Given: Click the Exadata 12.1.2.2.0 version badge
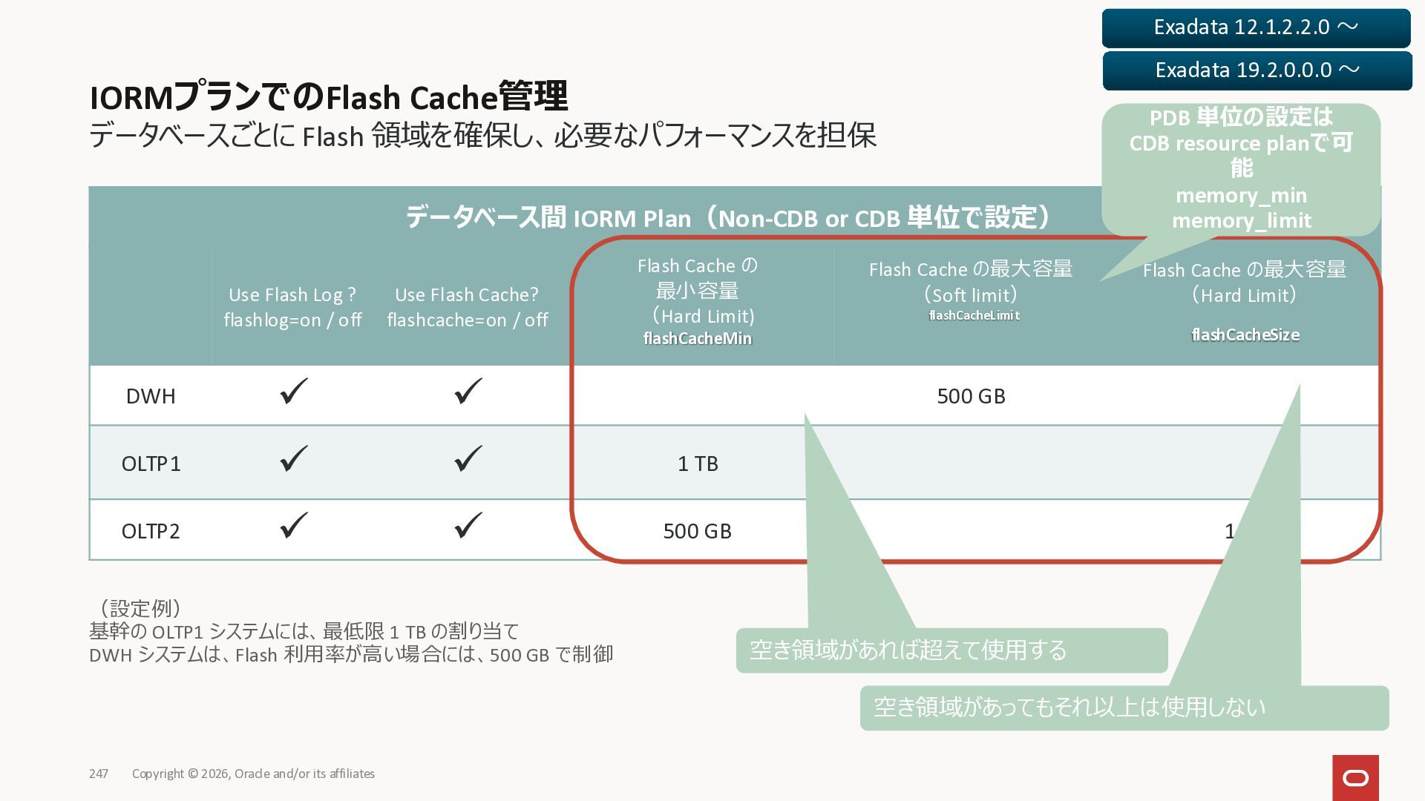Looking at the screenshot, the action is click(x=1256, y=27).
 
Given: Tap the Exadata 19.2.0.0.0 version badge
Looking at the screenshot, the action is click(x=1257, y=70).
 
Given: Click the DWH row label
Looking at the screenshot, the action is click(x=151, y=396).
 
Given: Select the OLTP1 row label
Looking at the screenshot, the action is click(x=151, y=464).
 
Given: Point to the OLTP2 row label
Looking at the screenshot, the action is click(x=151, y=531).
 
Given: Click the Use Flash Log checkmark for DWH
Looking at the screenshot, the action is click(x=294, y=392).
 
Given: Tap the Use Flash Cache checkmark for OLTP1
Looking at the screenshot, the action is click(x=468, y=458).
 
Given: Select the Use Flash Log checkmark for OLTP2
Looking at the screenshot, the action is click(x=294, y=525).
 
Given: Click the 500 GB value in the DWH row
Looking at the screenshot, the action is click(x=971, y=396).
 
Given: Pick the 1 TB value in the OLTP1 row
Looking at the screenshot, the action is click(x=698, y=464).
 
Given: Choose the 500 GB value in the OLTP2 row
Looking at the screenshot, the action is click(x=697, y=531).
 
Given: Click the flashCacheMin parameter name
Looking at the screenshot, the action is click(x=697, y=339).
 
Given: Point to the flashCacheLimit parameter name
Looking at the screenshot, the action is click(x=974, y=315).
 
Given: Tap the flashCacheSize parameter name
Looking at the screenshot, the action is click(x=1245, y=335).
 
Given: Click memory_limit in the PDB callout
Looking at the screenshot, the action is click(x=1241, y=221).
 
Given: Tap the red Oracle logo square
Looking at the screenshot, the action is click(x=1355, y=778).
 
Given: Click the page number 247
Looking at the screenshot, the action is click(x=99, y=774).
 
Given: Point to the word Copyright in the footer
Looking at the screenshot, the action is click(x=157, y=774).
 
